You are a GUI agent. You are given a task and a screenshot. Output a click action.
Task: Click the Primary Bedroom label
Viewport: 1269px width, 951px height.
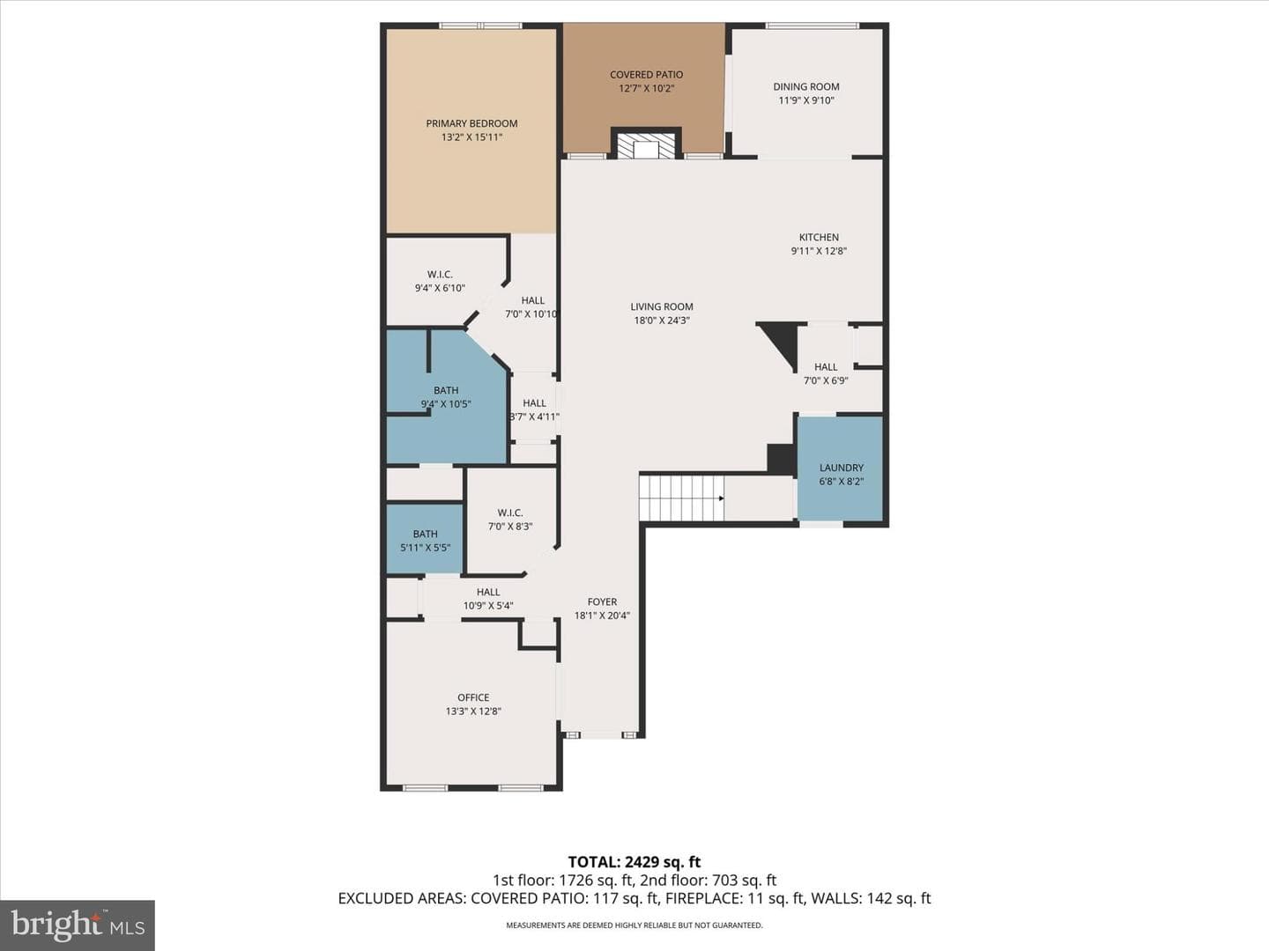[471, 123]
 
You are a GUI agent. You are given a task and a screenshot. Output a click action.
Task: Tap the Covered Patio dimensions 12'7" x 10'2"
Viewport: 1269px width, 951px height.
[646, 88]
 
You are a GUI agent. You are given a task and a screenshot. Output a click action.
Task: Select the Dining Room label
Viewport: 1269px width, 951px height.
[806, 86]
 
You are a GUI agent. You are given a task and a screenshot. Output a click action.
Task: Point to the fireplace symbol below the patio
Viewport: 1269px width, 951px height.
[646, 145]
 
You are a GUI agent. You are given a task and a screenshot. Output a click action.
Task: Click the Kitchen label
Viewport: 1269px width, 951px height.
[819, 238]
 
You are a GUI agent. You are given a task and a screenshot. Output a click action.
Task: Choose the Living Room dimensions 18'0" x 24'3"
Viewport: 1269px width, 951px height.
[662, 321]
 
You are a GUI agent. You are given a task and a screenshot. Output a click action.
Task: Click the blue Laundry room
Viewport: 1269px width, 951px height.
[841, 468]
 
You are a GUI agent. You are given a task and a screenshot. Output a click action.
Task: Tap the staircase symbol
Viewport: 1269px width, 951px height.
[682, 498]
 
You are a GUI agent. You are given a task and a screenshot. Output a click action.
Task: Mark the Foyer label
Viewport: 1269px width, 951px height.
[602, 601]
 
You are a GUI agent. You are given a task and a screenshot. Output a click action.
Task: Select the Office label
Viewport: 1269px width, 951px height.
[473, 697]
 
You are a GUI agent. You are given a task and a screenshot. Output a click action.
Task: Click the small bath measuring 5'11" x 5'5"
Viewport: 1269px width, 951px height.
[425, 540]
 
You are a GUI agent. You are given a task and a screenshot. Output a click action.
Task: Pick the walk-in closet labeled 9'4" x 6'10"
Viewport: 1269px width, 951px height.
[441, 281]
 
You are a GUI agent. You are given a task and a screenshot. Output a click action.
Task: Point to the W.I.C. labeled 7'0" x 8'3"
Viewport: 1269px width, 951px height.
[510, 520]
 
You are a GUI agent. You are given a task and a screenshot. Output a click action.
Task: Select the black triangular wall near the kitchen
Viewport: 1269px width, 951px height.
[781, 344]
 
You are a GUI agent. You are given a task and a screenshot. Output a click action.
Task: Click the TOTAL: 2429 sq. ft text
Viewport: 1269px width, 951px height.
[634, 862]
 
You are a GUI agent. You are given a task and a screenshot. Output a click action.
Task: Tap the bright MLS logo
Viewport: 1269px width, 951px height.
[78, 925]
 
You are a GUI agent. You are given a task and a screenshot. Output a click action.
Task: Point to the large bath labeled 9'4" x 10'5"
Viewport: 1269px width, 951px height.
[446, 397]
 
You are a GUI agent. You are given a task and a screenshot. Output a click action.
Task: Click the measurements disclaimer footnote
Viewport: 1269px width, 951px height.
[634, 925]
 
